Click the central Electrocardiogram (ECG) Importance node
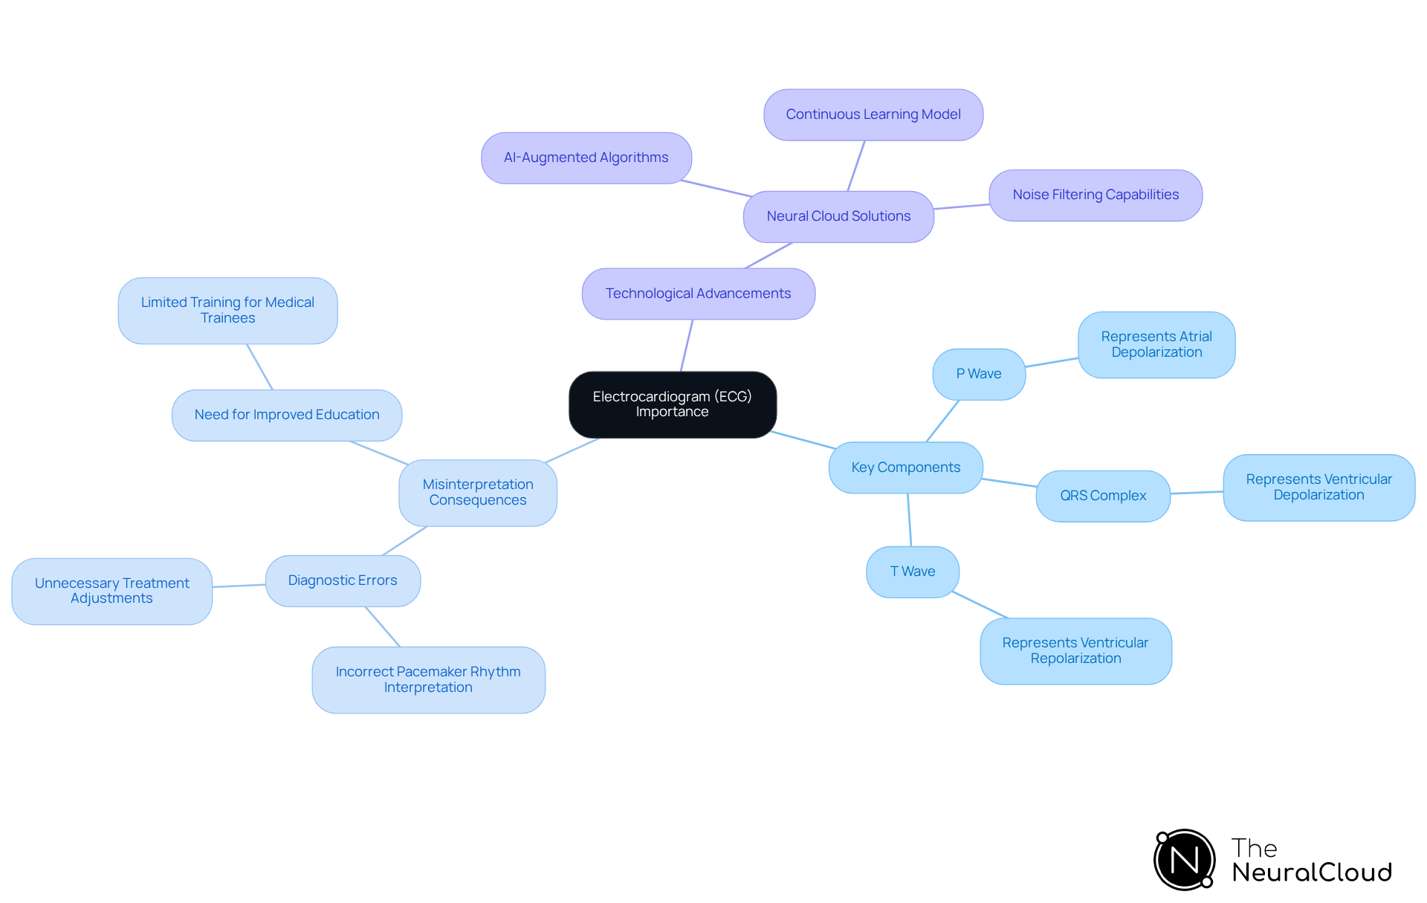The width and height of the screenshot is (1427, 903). click(673, 404)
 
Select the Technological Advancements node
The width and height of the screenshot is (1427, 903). click(698, 294)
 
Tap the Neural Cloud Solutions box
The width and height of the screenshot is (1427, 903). click(838, 216)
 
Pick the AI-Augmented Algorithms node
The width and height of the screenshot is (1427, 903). click(586, 158)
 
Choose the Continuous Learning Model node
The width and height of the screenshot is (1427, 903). click(873, 114)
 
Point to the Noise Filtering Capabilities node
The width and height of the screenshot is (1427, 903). click(1095, 195)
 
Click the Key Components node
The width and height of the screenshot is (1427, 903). click(905, 467)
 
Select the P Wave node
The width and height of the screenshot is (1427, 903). click(978, 374)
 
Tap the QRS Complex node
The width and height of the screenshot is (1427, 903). click(1102, 496)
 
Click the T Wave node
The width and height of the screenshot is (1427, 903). click(912, 572)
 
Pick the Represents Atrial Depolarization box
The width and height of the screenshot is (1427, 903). click(1156, 345)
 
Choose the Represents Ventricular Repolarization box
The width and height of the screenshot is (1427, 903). click(1075, 650)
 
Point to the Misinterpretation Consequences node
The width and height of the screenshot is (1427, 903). click(477, 492)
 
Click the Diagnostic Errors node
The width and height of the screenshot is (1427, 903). click(343, 580)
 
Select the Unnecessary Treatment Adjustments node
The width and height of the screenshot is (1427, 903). click(111, 591)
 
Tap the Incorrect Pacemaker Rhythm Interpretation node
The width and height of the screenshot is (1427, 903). click(428, 679)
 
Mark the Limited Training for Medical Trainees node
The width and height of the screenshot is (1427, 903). click(227, 310)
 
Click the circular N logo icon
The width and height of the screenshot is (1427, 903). click(1184, 860)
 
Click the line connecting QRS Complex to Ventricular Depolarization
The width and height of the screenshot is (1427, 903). click(1197, 492)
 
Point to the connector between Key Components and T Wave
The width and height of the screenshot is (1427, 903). click(909, 520)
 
